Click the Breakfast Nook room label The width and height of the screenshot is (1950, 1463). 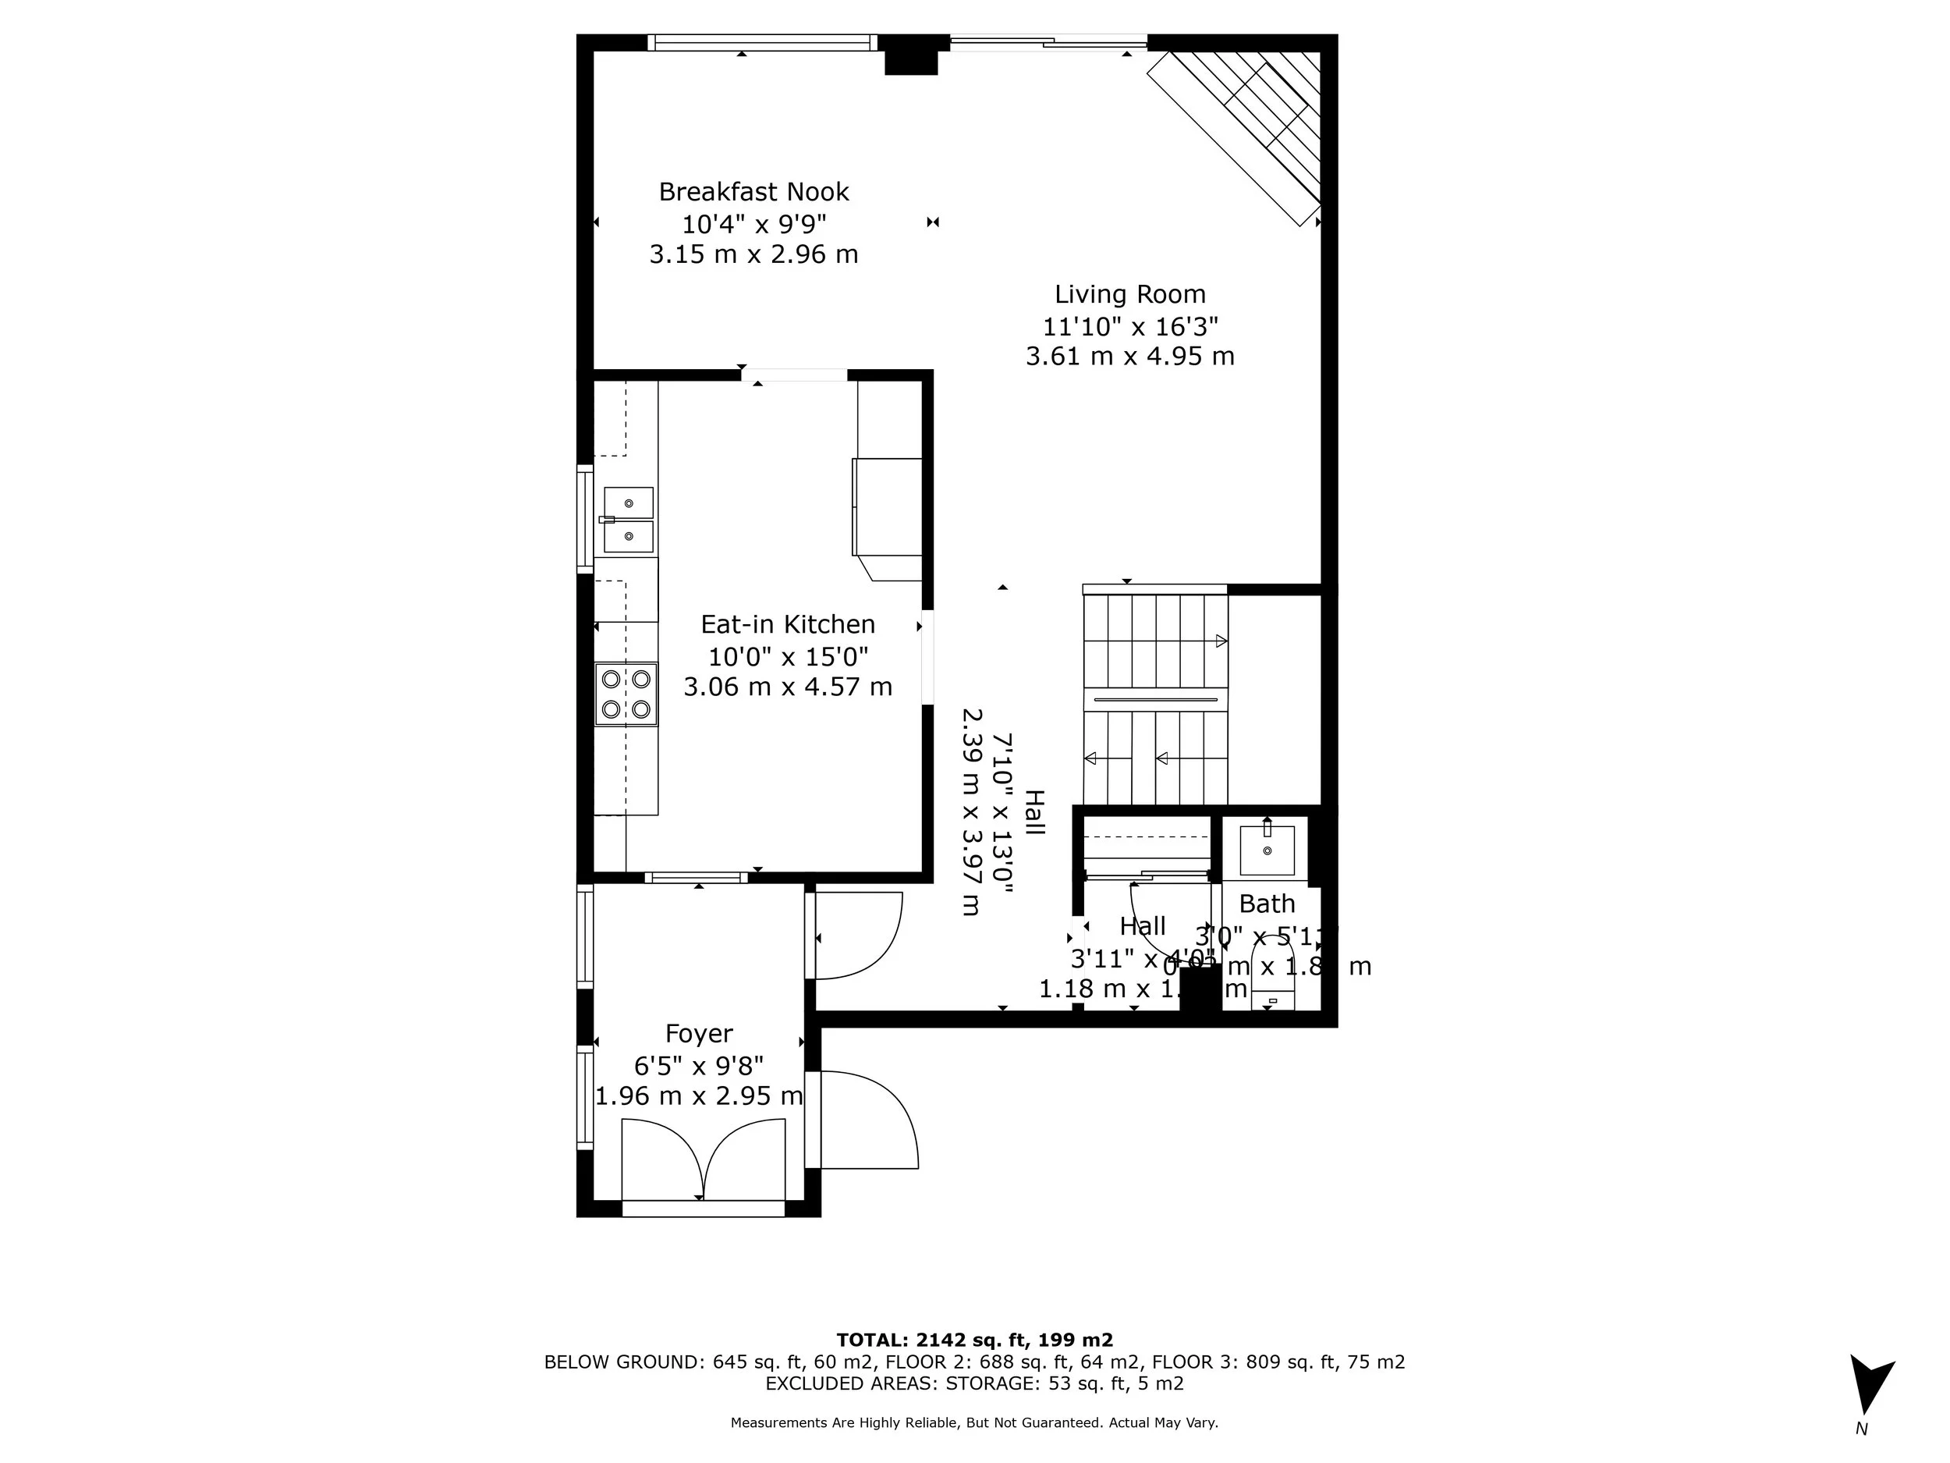click(x=753, y=191)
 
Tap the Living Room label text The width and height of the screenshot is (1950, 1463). click(x=1129, y=293)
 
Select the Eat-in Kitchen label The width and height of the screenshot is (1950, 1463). click(x=787, y=624)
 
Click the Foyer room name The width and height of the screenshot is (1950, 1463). click(x=698, y=1034)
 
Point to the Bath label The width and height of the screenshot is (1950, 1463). click(x=1266, y=904)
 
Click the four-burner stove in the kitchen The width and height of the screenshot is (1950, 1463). click(x=626, y=694)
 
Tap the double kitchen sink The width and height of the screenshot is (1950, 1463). click(x=628, y=520)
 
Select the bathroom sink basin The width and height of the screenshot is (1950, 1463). click(x=1267, y=850)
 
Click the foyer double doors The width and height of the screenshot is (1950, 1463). click(x=703, y=1159)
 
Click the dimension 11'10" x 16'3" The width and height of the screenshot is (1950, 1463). click(x=1129, y=326)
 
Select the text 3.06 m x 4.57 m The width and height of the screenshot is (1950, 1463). click(x=787, y=686)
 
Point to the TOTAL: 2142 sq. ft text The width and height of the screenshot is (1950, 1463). click(x=974, y=1340)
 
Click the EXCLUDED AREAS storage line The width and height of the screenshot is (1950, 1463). click(x=974, y=1383)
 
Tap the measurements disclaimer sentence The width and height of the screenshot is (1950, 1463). click(x=974, y=1422)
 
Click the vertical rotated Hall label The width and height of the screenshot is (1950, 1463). click(x=1033, y=812)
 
